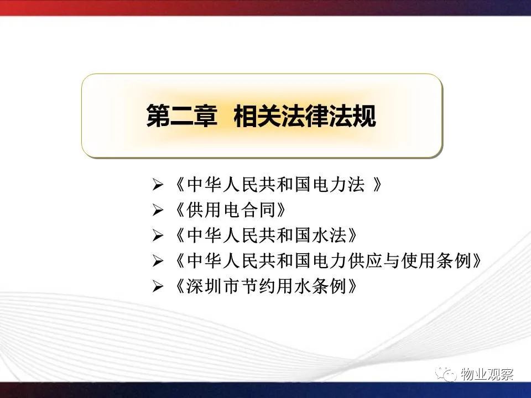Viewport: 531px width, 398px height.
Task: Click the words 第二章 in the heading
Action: point(181,116)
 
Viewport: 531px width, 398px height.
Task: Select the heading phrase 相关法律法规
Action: point(305,116)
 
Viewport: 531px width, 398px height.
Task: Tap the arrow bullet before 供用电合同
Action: point(158,210)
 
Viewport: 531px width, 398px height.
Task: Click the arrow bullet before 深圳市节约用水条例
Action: point(158,286)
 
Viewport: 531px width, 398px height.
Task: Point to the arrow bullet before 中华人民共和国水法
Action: point(158,235)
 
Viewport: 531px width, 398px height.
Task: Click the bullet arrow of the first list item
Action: point(158,185)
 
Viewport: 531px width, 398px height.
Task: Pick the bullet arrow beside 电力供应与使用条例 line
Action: point(158,261)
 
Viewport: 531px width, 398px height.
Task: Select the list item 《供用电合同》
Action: point(230,210)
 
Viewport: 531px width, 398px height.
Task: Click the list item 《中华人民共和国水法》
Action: point(266,235)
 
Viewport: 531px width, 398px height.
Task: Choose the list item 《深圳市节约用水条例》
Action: point(266,286)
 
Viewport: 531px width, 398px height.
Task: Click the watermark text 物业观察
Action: point(487,374)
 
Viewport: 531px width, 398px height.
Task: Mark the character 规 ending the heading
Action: point(365,116)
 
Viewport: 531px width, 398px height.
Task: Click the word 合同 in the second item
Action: point(259,210)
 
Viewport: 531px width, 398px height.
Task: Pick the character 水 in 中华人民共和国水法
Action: point(319,235)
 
